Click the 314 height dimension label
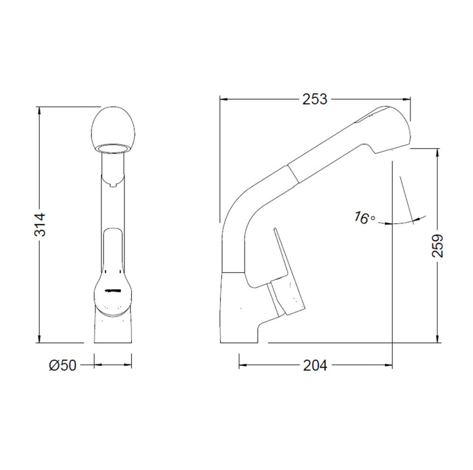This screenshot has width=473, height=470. pos(40,225)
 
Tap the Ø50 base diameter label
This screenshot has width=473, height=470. pos(63,366)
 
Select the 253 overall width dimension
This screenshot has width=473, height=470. pos(315,99)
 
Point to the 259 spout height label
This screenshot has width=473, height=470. pos(437,245)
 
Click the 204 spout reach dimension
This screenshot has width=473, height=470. pos(315,366)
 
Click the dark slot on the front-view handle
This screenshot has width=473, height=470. pos(113,291)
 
